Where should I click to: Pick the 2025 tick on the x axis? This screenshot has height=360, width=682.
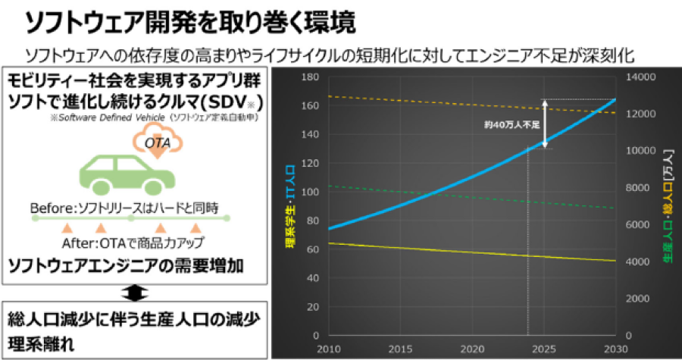(x=542, y=347)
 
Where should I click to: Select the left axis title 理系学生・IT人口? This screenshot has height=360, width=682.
(x=289, y=206)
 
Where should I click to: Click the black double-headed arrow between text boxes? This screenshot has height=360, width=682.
(x=134, y=293)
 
